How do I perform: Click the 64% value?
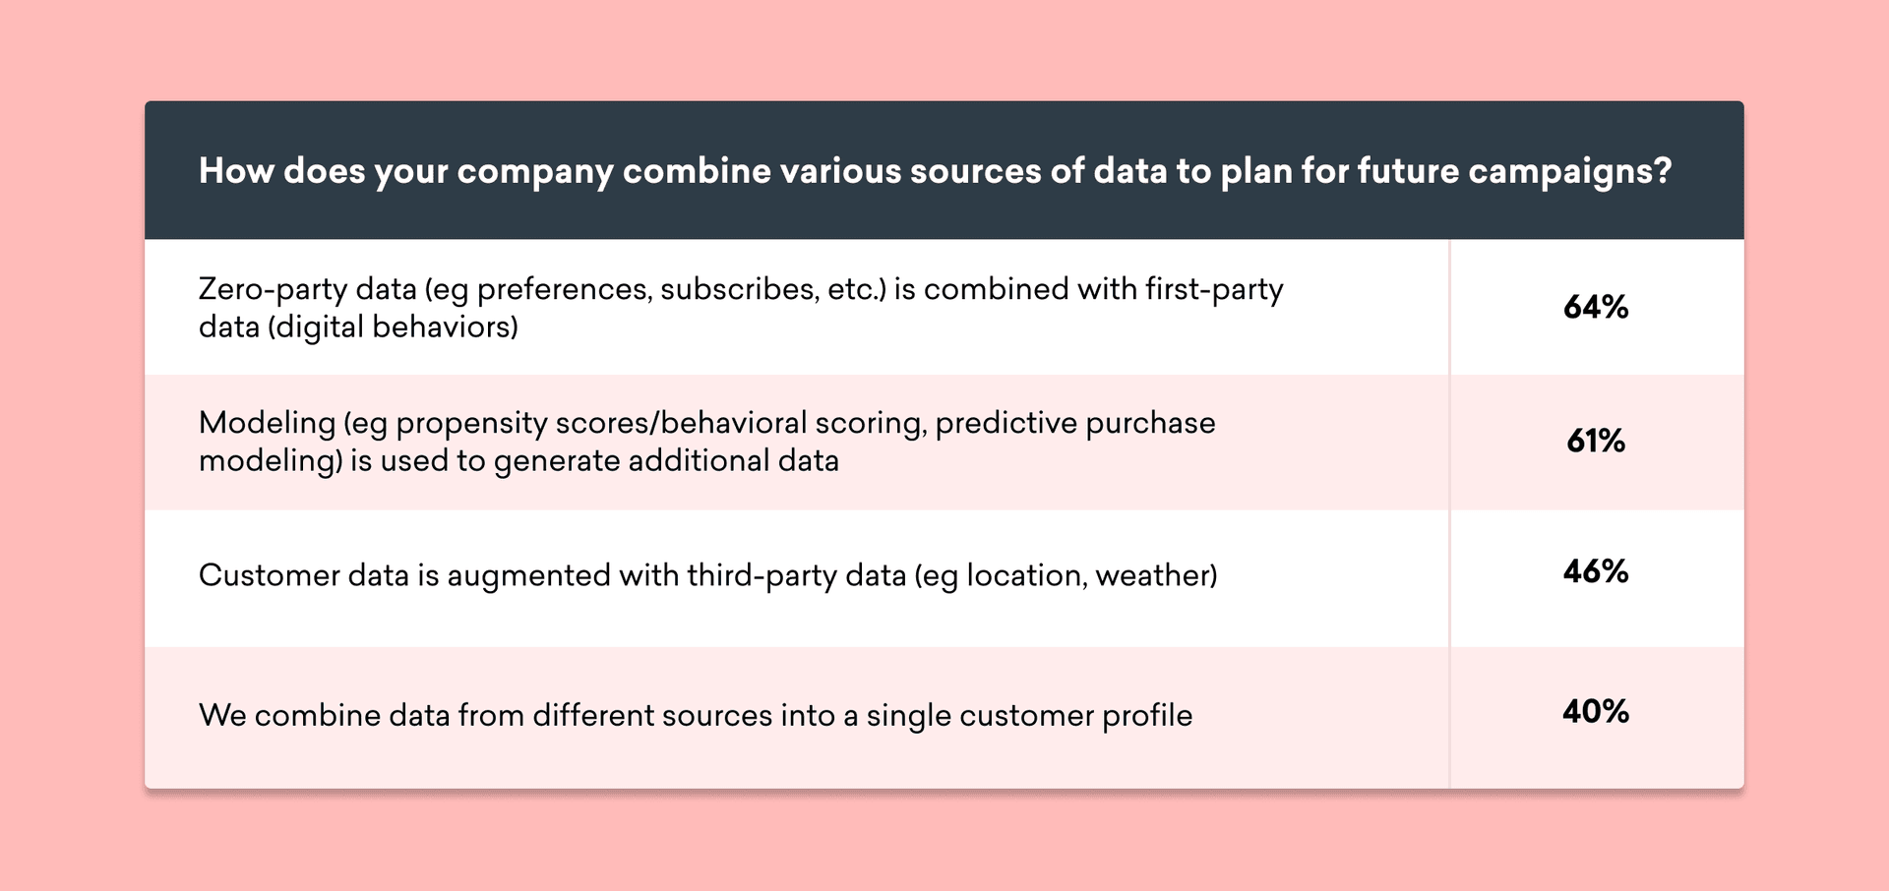pos(1596,308)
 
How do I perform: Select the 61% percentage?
pos(1596,441)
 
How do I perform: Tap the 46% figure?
pos(1596,571)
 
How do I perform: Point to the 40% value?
pos(1596,711)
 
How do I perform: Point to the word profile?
pos(1147,716)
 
